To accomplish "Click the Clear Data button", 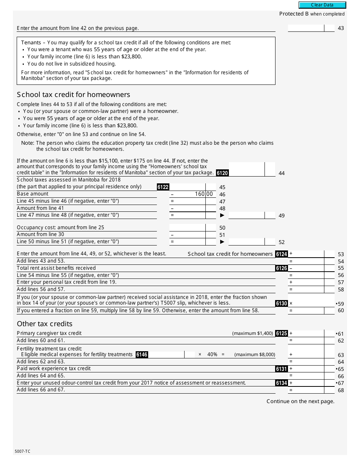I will [x=322, y=5].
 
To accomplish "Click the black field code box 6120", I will [x=222, y=173].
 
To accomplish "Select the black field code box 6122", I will [x=163, y=187].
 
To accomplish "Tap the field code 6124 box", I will [x=282, y=254].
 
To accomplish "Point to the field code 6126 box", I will [x=282, y=268].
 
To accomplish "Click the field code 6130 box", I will [x=282, y=303].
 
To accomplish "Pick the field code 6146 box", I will [x=142, y=355].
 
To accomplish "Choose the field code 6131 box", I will [x=282, y=369].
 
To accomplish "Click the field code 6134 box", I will [x=282, y=383].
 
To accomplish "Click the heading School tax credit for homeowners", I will [x=74, y=95].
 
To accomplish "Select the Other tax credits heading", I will [x=45, y=324].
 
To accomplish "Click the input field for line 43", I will [x=306, y=28].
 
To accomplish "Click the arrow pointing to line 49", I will [x=222, y=215].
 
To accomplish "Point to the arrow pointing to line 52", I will [x=222, y=242].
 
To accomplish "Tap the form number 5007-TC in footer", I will [x=23, y=451].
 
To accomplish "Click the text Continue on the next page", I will [x=301, y=401].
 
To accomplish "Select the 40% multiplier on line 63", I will [x=212, y=355].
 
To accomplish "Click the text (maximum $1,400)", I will [x=252, y=333].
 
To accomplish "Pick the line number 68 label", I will [x=341, y=390].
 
